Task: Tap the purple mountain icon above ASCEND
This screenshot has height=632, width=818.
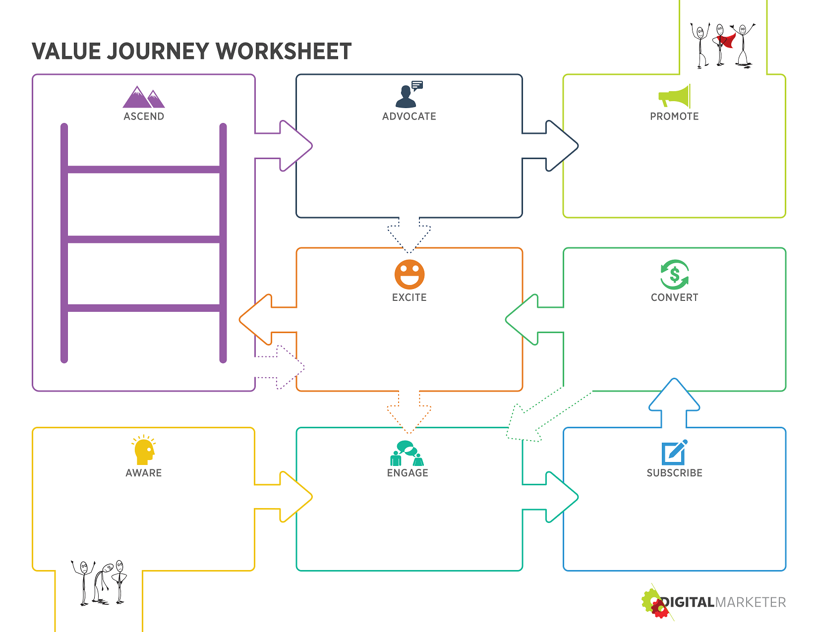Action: click(x=143, y=97)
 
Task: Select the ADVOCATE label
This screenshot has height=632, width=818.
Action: click(x=409, y=116)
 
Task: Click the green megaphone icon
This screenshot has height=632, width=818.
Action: click(x=674, y=96)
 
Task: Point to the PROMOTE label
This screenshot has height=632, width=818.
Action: click(x=674, y=116)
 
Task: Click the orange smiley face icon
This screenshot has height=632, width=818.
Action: click(x=409, y=275)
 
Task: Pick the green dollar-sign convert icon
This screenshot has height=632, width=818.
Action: click(x=674, y=275)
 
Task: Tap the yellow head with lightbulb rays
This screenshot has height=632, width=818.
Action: click(x=144, y=450)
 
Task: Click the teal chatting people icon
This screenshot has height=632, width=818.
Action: click(x=407, y=453)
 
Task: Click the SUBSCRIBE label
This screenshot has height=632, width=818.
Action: click(x=674, y=473)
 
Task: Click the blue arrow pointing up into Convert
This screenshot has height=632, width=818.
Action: click(x=674, y=403)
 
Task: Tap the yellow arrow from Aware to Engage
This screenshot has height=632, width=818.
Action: click(x=284, y=497)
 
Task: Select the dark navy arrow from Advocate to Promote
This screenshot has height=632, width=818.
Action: click(x=550, y=146)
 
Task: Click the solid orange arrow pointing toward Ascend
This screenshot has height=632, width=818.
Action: click(x=268, y=320)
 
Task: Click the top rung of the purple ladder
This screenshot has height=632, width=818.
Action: click(x=143, y=170)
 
